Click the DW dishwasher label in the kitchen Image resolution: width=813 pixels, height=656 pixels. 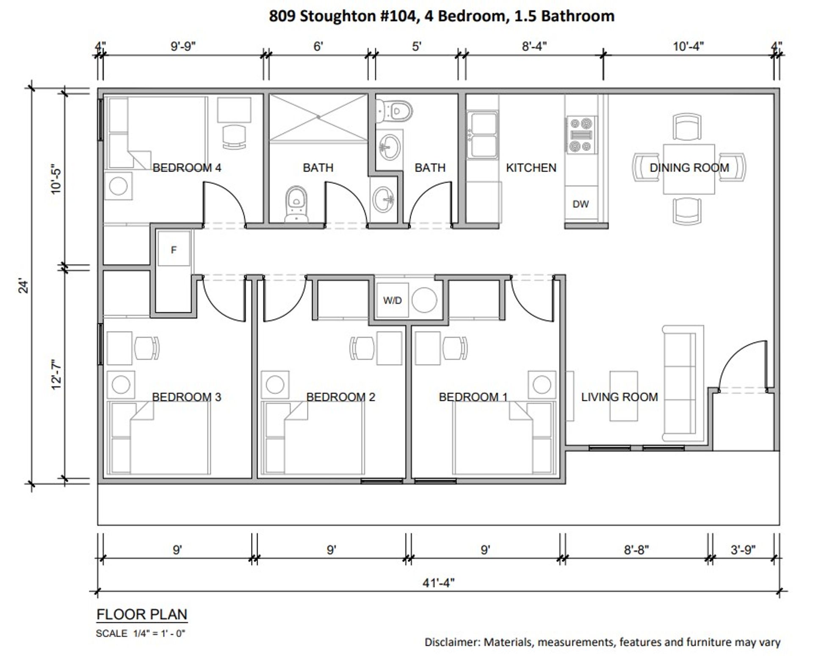[580, 204]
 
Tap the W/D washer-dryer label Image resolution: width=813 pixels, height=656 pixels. [392, 300]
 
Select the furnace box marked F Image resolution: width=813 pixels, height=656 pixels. [174, 250]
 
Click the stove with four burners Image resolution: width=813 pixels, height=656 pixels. [581, 135]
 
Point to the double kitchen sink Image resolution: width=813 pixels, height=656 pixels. [482, 134]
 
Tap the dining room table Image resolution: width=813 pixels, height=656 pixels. [689, 169]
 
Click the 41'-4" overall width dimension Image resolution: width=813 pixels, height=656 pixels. [438, 583]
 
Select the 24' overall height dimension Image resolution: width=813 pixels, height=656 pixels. [24, 286]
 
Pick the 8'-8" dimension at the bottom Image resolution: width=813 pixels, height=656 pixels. [636, 550]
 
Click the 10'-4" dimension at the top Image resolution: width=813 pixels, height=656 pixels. [688, 46]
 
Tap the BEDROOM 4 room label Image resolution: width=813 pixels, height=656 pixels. [187, 168]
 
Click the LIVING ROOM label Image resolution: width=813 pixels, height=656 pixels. [619, 397]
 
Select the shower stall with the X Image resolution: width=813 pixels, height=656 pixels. [318, 117]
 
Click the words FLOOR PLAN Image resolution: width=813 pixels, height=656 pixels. [142, 614]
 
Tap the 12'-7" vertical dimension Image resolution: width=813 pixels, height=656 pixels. [56, 375]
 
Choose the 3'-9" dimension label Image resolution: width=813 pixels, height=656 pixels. [743, 550]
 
